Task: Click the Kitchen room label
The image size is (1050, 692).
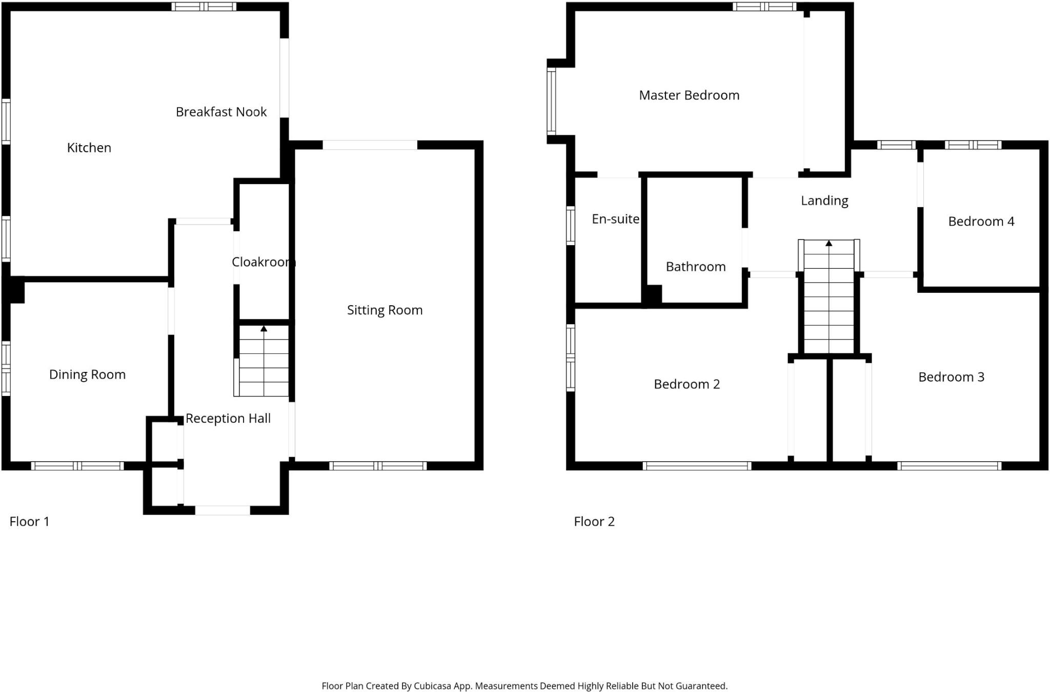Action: tap(89, 148)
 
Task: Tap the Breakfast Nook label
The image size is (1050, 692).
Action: tap(221, 112)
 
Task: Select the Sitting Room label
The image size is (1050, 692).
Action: tap(385, 310)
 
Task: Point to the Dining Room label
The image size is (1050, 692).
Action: tap(87, 374)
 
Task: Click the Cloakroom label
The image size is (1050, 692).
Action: tap(263, 262)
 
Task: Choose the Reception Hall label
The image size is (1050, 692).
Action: tap(228, 419)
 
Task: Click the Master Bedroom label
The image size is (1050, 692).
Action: tap(689, 95)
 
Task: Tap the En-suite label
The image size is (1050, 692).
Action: tap(615, 219)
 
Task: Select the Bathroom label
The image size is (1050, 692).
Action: tap(695, 267)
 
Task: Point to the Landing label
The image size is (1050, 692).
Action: tap(824, 201)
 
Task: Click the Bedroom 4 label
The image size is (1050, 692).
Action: tap(981, 222)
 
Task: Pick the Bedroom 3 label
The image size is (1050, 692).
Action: tap(951, 377)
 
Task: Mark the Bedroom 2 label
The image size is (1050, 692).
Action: tap(686, 384)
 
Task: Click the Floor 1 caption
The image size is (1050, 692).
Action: tap(29, 522)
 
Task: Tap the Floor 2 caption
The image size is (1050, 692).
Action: tap(594, 522)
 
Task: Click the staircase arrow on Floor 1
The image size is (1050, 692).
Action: tap(264, 329)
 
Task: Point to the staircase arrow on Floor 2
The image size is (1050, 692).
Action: tap(829, 243)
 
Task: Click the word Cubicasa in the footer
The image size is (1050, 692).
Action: tap(433, 686)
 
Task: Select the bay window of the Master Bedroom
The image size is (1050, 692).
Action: tap(552, 101)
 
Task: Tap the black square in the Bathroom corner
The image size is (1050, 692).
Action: tap(653, 294)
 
